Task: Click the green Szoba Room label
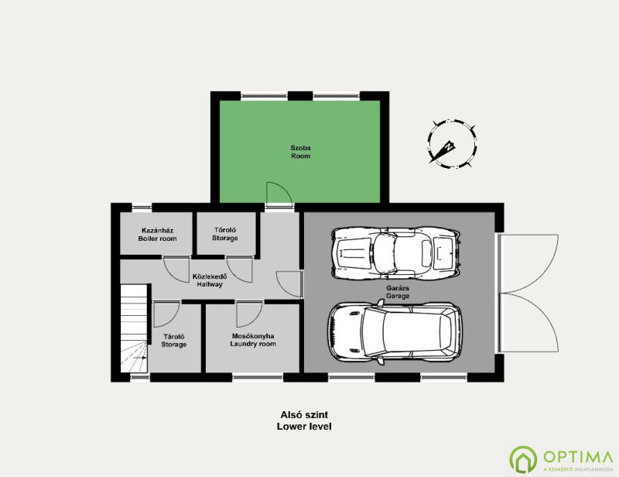[301, 152]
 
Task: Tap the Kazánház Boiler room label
[158, 235]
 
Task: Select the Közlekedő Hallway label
[210, 280]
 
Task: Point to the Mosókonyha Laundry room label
[253, 340]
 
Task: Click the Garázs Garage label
[398, 292]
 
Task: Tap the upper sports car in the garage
[396, 253]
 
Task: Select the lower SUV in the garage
[395, 332]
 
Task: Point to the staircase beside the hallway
[134, 328]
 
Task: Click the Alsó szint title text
[304, 415]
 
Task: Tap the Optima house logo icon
[523, 459]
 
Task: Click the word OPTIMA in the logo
[578, 457]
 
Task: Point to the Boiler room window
[142, 207]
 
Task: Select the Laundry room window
[258, 377]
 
